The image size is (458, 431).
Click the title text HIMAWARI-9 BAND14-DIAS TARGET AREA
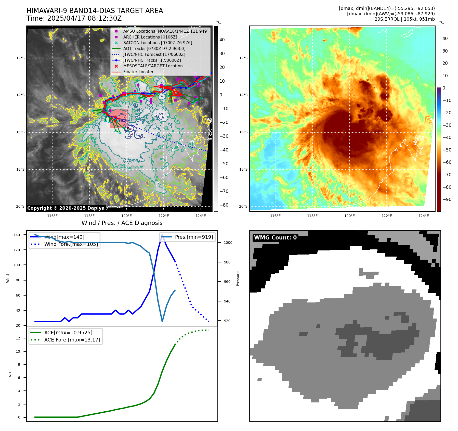click(x=95, y=11)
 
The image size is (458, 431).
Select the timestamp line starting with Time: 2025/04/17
click(x=74, y=19)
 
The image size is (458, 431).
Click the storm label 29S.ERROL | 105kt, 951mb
click(x=404, y=19)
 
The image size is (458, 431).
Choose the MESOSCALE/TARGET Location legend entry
click(x=153, y=66)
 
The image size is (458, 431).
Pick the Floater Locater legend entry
click(x=138, y=72)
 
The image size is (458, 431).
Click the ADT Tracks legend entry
click(x=154, y=48)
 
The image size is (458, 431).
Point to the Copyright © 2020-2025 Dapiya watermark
click(x=66, y=208)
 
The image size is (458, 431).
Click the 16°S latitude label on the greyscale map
click(x=20, y=132)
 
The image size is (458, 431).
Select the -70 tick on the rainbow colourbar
click(x=447, y=175)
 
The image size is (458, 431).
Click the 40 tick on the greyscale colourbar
click(x=222, y=40)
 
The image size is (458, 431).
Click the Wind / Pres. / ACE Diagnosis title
click(x=122, y=223)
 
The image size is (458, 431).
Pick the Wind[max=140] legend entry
click(x=64, y=237)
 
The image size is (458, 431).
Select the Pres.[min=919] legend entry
click(x=194, y=237)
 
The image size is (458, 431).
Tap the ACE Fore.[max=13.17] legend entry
click(x=72, y=340)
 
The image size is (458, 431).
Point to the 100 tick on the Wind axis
click(x=17, y=265)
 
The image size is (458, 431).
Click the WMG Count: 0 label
click(x=275, y=238)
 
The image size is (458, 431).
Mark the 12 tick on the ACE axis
click(x=18, y=338)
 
